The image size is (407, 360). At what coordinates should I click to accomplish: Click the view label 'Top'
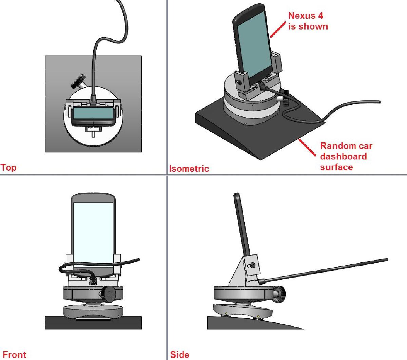point(8,167)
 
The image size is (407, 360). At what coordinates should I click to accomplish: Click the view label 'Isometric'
point(189,169)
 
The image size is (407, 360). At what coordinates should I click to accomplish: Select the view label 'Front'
point(14,355)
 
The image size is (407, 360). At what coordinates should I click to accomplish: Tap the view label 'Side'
point(180,355)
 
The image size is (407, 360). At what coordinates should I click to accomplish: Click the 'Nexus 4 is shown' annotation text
point(308,21)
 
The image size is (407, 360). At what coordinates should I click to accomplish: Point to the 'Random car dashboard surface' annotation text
point(346,156)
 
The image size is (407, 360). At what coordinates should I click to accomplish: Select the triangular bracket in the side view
point(239,271)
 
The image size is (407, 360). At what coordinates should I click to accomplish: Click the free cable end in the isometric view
point(378,102)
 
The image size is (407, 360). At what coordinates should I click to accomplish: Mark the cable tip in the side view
point(386,260)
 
